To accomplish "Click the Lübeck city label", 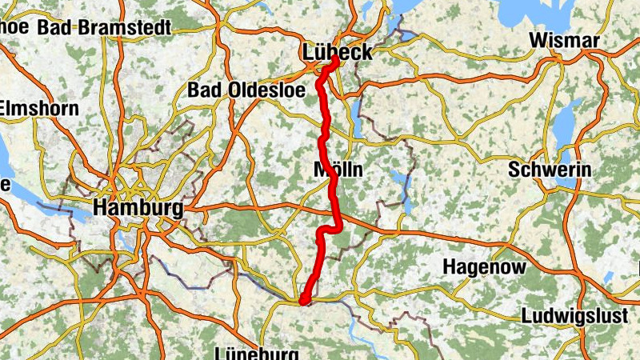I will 338,53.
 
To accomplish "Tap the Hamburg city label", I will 138,208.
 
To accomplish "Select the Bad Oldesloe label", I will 246,90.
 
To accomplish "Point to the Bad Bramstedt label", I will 105,28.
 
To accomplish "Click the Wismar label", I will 565,41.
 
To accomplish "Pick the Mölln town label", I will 339,170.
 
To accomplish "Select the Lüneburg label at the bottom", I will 257,353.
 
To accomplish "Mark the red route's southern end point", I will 303,301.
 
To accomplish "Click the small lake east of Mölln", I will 398,179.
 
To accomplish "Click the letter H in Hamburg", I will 101,208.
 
